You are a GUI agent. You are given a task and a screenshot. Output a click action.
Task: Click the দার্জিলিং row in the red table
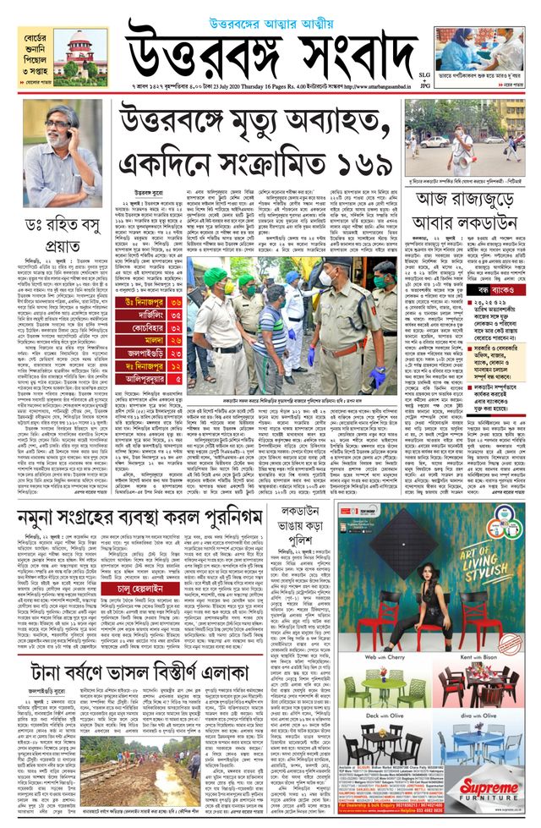point(145,314)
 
